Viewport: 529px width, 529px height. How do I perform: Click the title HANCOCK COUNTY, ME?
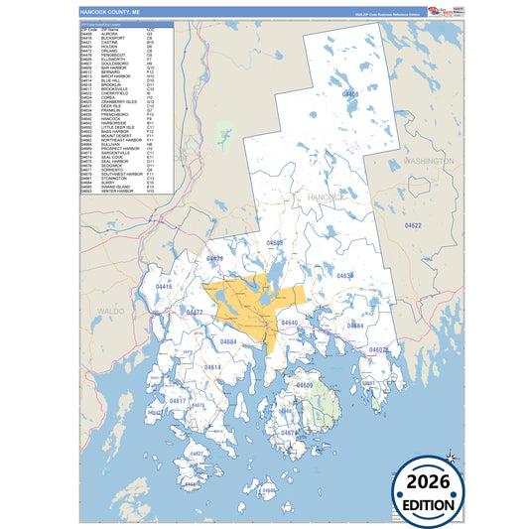[x=110, y=12]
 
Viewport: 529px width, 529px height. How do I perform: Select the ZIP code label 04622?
[x=413, y=226]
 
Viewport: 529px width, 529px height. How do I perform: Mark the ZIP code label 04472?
[x=195, y=312]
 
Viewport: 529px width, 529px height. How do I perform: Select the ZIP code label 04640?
[x=289, y=324]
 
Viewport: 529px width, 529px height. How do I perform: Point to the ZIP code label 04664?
[x=354, y=326]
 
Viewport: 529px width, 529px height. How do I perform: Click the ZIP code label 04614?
[x=212, y=367]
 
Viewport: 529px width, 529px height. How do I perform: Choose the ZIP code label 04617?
[x=178, y=400]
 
